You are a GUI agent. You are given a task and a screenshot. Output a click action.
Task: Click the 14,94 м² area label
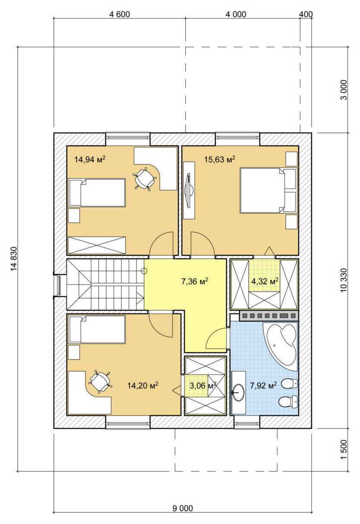click(90, 159)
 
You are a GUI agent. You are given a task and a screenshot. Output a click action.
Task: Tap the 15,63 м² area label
click(220, 159)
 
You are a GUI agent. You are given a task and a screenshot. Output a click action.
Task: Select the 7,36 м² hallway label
click(195, 281)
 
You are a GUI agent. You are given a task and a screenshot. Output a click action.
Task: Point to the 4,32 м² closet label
click(265, 281)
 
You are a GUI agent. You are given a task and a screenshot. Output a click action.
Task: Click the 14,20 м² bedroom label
click(143, 385)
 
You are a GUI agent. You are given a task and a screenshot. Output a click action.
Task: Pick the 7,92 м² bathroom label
click(263, 385)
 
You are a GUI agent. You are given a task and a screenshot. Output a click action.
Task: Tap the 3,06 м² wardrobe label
click(203, 385)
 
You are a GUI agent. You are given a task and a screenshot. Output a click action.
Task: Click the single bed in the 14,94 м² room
click(97, 193)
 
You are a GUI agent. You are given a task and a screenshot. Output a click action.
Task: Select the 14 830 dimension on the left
click(14, 259)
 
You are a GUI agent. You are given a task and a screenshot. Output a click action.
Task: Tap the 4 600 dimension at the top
click(120, 15)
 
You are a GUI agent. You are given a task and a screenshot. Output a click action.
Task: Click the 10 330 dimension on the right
click(344, 280)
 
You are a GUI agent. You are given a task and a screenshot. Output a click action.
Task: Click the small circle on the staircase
click(144, 271)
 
